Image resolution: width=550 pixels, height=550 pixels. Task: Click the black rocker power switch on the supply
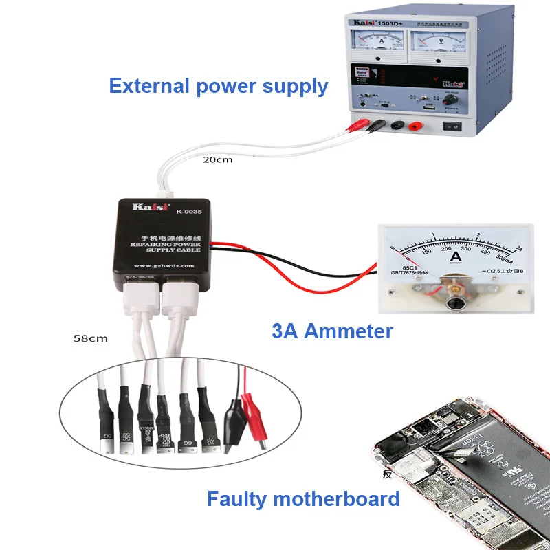(x=453, y=126)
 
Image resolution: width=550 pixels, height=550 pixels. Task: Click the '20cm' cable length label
(x=217, y=159)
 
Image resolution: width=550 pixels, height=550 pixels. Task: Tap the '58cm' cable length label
(x=90, y=338)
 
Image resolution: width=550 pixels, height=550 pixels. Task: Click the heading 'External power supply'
(x=219, y=87)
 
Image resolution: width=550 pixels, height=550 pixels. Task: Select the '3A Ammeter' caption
(x=332, y=331)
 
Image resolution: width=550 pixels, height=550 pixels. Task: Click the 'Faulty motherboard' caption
(x=303, y=498)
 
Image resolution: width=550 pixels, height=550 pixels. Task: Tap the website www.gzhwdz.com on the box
(x=164, y=265)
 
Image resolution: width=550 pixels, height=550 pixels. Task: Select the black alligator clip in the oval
(x=232, y=419)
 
